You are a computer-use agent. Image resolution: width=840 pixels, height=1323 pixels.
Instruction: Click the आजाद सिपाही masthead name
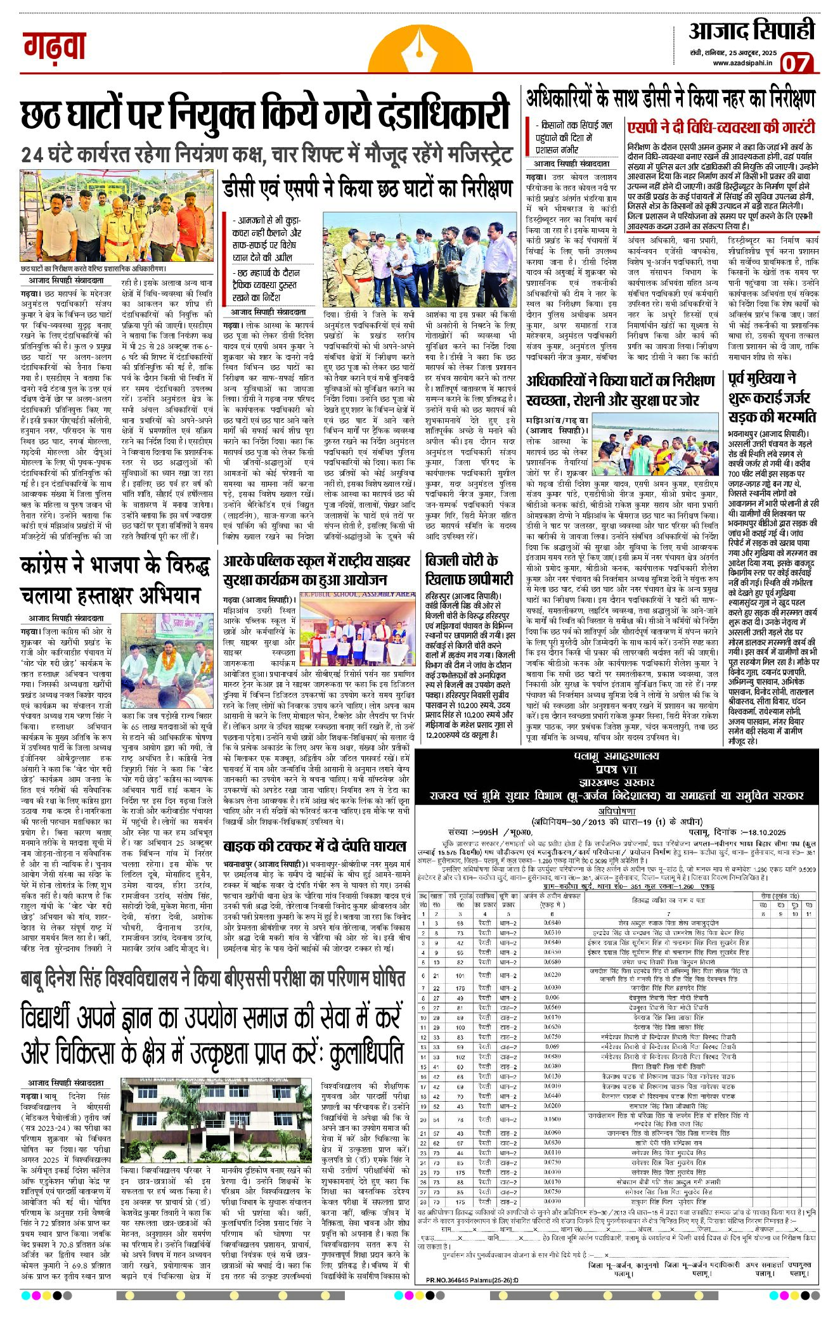click(751, 30)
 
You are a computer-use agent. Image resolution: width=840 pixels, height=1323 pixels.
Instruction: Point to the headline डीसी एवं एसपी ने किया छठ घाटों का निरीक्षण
click(367, 188)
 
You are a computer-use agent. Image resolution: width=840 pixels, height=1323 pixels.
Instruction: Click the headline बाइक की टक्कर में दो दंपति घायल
click(314, 846)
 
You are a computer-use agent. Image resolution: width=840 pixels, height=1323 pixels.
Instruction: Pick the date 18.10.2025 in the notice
click(761, 832)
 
